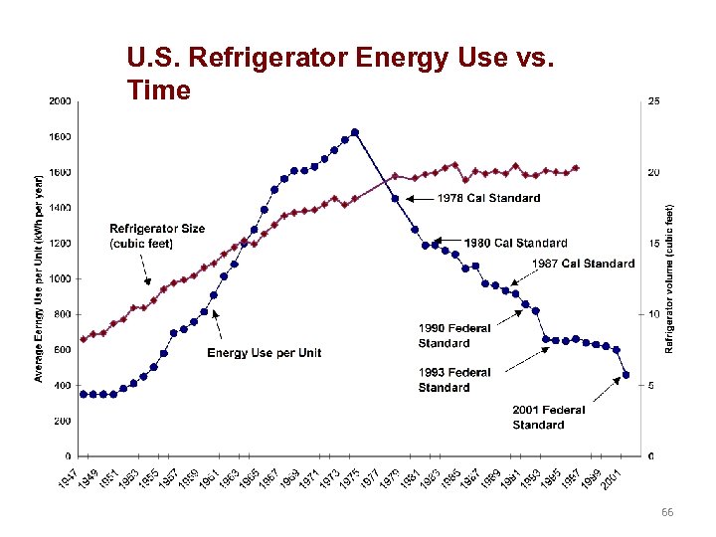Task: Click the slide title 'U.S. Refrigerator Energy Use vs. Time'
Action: tap(338, 75)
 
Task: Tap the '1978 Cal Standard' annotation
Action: tap(489, 198)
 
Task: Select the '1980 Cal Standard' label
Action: tap(515, 243)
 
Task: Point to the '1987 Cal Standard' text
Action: tap(583, 264)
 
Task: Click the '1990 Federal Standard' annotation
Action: tap(454, 336)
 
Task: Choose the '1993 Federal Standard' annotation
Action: tap(454, 380)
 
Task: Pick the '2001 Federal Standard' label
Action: tap(549, 417)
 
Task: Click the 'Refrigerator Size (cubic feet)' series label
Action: tap(157, 236)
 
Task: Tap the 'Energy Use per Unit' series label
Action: tap(264, 353)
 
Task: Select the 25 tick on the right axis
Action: tap(653, 101)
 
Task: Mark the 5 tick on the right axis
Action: tap(650, 386)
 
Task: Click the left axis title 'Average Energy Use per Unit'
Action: tap(39, 278)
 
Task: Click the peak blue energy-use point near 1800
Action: tap(355, 132)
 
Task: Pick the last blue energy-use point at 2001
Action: tap(626, 375)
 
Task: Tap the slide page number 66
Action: tap(667, 511)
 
